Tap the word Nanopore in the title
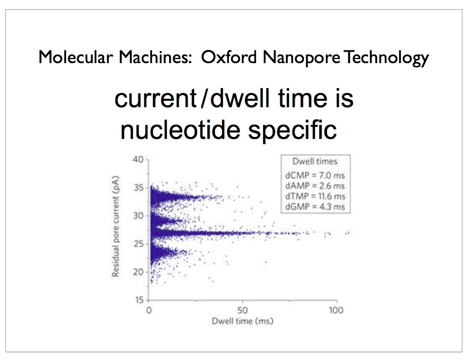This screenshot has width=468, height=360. (x=301, y=57)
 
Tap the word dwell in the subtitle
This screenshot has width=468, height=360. (x=240, y=98)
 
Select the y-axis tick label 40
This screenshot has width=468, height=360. (x=138, y=159)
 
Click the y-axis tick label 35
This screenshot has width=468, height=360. (x=138, y=188)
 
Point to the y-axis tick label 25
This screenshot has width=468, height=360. (x=138, y=244)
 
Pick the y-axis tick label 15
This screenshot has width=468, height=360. (x=139, y=300)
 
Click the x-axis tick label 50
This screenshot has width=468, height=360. (x=242, y=310)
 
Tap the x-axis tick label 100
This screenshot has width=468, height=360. (x=336, y=310)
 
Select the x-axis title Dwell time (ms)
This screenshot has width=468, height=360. (x=242, y=321)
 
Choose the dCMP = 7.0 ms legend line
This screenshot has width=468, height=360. (x=315, y=175)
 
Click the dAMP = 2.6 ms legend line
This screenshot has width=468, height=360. (x=315, y=186)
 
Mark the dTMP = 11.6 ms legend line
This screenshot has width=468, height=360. (x=315, y=196)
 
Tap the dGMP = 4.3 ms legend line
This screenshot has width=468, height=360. (x=315, y=207)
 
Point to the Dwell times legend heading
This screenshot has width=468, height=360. (x=315, y=162)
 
